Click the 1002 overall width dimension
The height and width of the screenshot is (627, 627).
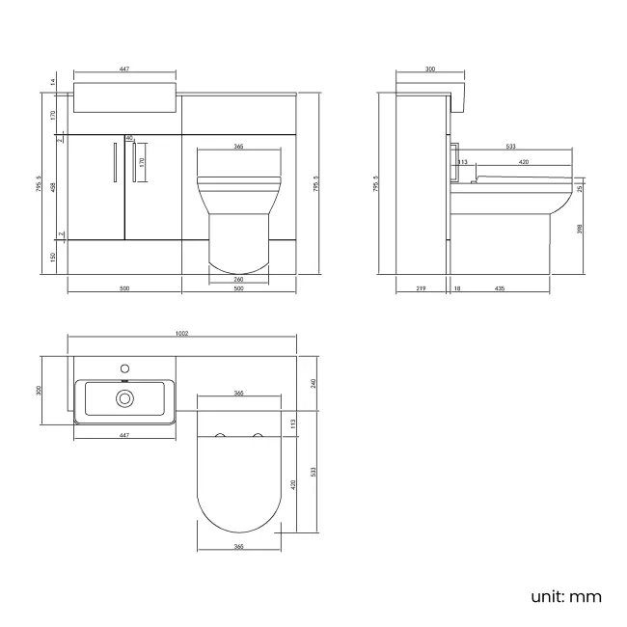click(x=181, y=333)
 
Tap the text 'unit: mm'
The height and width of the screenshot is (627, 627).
click(x=565, y=596)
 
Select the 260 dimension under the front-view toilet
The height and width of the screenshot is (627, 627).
click(x=237, y=279)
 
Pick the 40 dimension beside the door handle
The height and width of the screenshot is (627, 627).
click(x=128, y=138)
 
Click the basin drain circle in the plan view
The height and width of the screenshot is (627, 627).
click(x=124, y=397)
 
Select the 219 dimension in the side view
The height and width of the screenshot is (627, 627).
click(x=422, y=288)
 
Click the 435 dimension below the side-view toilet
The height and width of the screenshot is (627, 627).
click(x=501, y=288)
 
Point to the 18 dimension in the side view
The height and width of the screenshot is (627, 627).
click(x=456, y=288)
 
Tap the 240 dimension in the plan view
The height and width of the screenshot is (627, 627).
click(x=314, y=382)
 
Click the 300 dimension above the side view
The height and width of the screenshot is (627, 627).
click(x=429, y=69)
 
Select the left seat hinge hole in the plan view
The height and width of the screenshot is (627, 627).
click(x=222, y=437)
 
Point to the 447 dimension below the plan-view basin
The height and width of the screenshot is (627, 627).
click(x=124, y=437)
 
